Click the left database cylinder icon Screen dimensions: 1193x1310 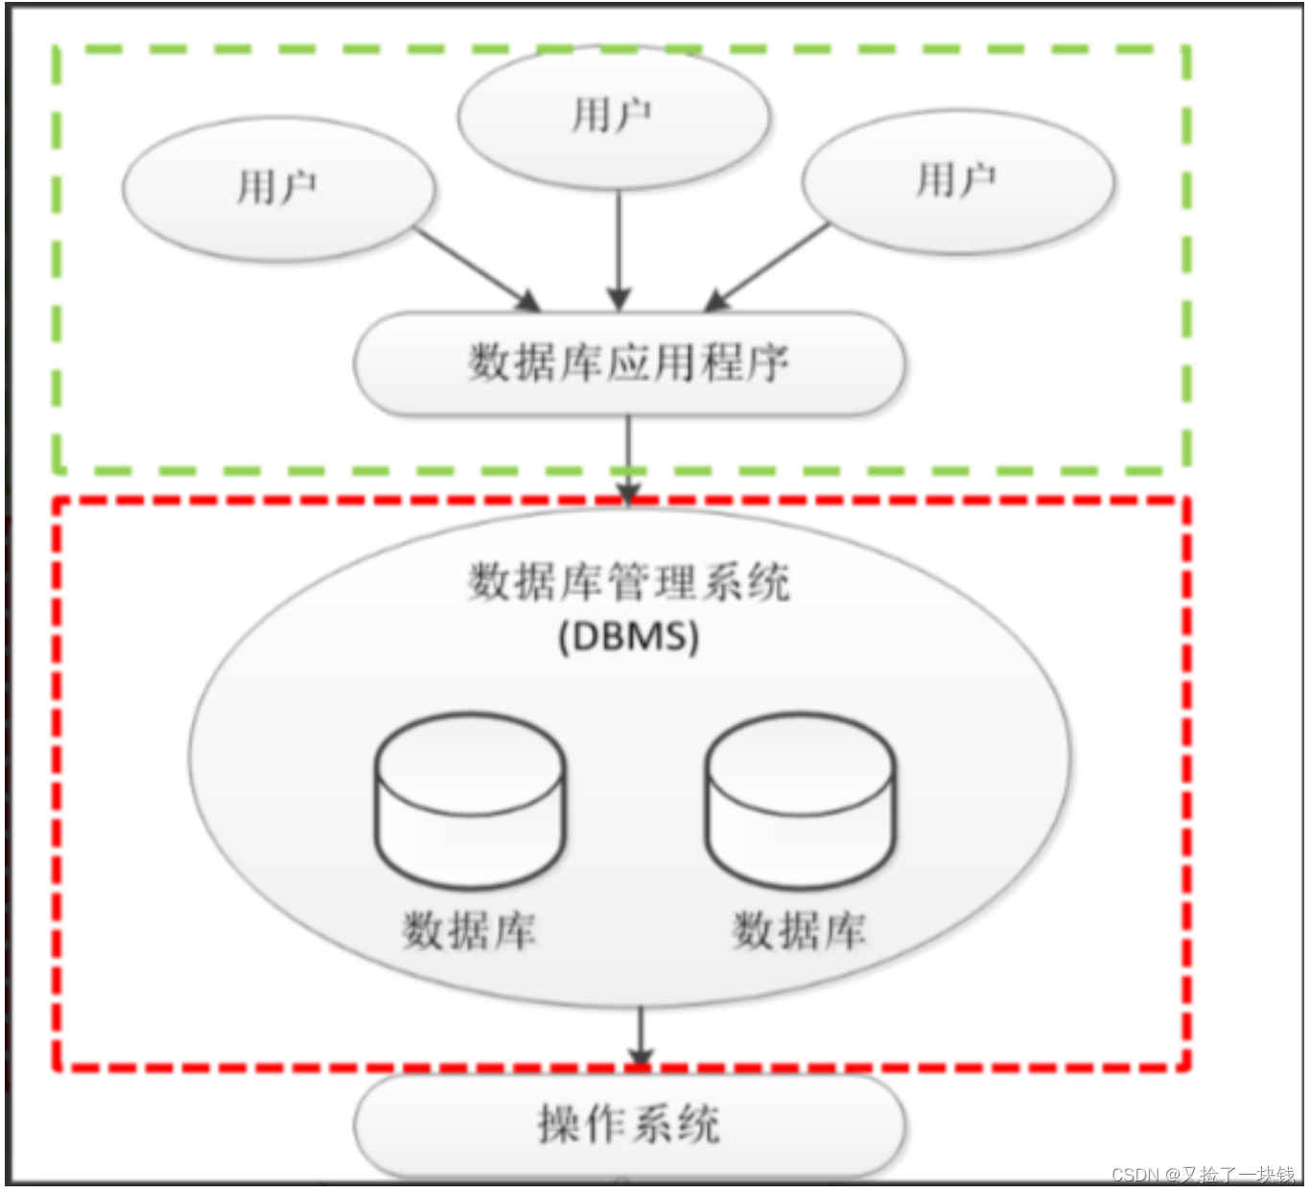click(470, 801)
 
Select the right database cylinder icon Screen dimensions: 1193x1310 click(801, 801)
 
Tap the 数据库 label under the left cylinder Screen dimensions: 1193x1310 click(469, 931)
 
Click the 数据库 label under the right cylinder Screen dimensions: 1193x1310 click(799, 931)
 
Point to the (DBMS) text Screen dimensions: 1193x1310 click(629, 637)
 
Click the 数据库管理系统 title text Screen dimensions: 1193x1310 click(629, 582)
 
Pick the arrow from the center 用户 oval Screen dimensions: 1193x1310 click(620, 249)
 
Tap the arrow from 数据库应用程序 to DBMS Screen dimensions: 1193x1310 click(628, 458)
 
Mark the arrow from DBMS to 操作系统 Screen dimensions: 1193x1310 click(641, 1036)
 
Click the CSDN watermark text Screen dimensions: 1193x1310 click(1203, 1175)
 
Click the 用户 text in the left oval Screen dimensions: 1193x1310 click(276, 186)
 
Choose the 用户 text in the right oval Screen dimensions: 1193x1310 click(956, 179)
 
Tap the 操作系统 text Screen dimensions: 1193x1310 click(629, 1124)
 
